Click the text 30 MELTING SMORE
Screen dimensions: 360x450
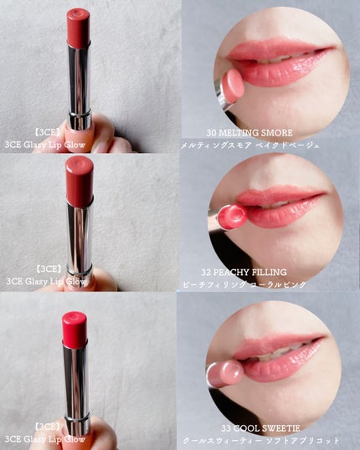click(249, 133)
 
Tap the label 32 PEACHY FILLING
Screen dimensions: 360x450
click(244, 272)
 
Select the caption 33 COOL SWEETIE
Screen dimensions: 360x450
click(260, 428)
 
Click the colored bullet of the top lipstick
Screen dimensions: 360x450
click(79, 28)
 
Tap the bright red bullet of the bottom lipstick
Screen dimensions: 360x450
click(75, 329)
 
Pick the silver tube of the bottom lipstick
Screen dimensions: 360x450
click(76, 387)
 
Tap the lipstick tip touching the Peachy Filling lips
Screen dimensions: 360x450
click(233, 217)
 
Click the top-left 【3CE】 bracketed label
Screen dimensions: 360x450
click(48, 132)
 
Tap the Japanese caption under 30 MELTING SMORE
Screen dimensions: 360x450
click(249, 146)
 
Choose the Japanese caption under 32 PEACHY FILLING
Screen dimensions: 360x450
click(244, 284)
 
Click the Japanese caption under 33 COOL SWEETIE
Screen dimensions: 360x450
click(261, 441)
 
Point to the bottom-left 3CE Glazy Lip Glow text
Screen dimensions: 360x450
click(45, 439)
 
